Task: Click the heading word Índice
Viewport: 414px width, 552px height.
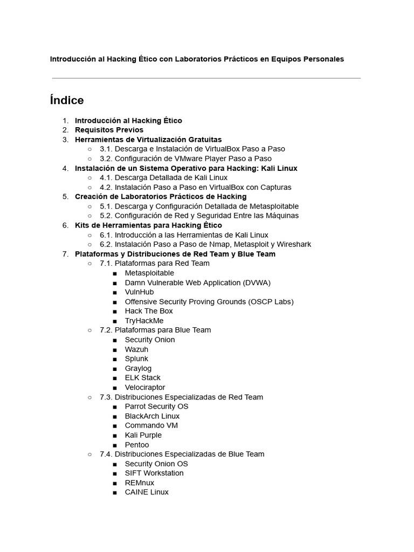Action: pyautogui.click(x=67, y=100)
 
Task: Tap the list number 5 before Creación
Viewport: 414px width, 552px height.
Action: pyautogui.click(x=66, y=197)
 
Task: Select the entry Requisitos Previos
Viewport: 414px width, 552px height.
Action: pyautogui.click(x=109, y=130)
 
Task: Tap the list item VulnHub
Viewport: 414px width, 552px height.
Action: pyautogui.click(x=139, y=292)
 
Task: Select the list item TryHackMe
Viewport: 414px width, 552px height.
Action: pyautogui.click(x=144, y=321)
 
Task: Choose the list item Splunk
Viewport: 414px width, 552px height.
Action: pyautogui.click(x=136, y=358)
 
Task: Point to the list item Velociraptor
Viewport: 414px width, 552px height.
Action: pyautogui.click(x=145, y=387)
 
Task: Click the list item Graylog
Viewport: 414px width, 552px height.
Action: pyautogui.click(x=138, y=368)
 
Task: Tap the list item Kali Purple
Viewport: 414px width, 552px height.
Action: pyautogui.click(x=143, y=435)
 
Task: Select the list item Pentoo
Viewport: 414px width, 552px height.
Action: pyautogui.click(x=137, y=445)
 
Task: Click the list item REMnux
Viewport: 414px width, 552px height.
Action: pyautogui.click(x=139, y=482)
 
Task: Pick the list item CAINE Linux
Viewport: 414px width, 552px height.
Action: pyautogui.click(x=147, y=492)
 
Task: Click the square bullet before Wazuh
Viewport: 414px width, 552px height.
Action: pyautogui.click(x=115, y=350)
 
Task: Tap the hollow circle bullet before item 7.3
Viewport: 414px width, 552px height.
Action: pyautogui.click(x=90, y=397)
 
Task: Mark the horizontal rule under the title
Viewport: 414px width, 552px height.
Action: pyautogui.click(x=206, y=78)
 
